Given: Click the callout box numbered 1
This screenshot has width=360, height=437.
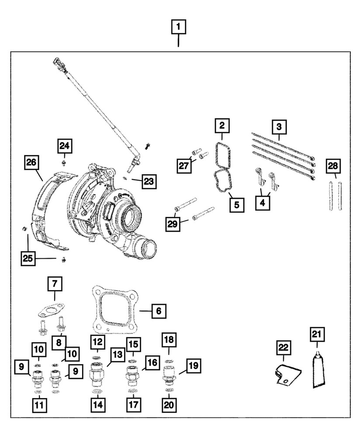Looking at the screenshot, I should (x=178, y=27).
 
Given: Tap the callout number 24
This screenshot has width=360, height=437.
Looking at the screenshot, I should (x=65, y=146).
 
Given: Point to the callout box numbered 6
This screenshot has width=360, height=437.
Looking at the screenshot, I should (x=159, y=311).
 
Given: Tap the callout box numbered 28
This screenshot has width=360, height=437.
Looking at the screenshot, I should (x=334, y=166).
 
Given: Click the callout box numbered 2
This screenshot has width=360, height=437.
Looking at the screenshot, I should (x=222, y=126).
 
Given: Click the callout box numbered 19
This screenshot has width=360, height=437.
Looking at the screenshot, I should (x=194, y=365).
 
